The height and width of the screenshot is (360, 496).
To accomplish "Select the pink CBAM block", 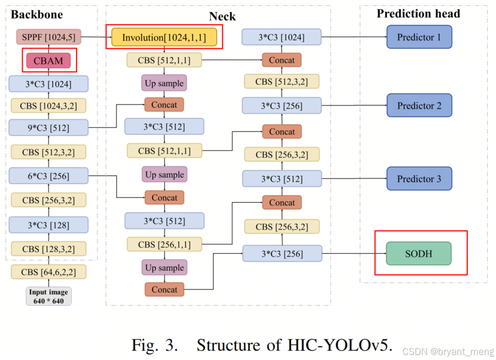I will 49,61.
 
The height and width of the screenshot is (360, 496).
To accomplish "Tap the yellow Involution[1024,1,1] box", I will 164,38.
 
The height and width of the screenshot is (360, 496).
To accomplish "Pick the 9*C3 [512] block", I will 49,127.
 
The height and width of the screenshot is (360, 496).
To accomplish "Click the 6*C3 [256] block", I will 49,175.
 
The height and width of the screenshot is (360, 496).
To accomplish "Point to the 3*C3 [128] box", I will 49,225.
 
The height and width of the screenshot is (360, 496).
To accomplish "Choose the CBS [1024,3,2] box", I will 49,105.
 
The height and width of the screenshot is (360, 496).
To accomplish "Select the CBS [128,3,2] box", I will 49,249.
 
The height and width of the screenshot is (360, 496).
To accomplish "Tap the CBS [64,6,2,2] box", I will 49,272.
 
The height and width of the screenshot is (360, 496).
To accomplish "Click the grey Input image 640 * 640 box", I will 49,296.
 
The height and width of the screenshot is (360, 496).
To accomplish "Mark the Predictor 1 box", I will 419,37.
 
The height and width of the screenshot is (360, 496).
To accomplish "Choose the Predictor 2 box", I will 419,105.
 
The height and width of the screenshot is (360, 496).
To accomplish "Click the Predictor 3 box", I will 419,179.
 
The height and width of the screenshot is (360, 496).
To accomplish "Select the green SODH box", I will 419,254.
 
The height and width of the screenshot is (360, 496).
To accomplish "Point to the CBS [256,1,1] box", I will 164,244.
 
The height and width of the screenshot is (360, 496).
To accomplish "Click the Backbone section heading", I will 37,15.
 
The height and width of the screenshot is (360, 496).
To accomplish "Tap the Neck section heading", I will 222,16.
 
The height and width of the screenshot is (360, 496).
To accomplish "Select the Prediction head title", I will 418,14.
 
